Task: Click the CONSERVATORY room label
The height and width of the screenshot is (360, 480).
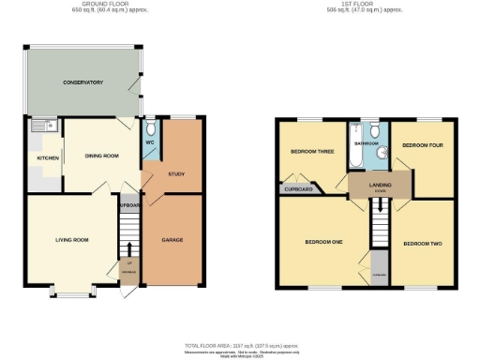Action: (x=82, y=82)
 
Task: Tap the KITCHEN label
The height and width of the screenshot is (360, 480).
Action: (x=48, y=157)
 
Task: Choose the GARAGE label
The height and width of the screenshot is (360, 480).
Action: (x=172, y=240)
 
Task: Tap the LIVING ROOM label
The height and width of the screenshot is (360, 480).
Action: (x=71, y=240)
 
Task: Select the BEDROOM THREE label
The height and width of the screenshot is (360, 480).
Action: (x=311, y=151)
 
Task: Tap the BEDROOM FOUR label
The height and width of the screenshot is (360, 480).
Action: (x=421, y=145)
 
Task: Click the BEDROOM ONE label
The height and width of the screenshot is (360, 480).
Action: (x=323, y=242)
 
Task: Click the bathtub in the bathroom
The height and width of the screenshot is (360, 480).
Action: (x=356, y=145)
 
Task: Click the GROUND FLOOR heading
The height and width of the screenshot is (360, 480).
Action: (x=105, y=4)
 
